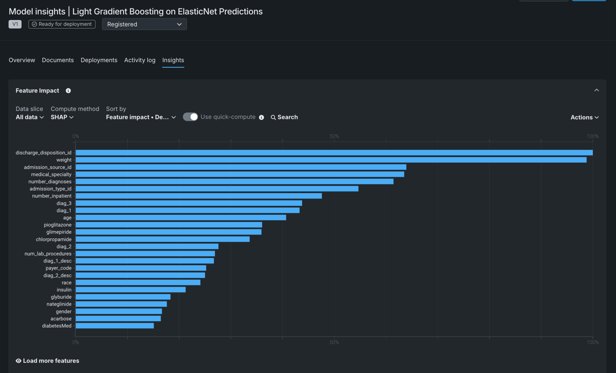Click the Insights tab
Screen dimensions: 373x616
click(x=173, y=60)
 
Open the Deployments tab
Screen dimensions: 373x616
click(x=99, y=60)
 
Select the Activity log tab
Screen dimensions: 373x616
click(x=139, y=60)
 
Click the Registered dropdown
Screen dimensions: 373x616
click(x=144, y=24)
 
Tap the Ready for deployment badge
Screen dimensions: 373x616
click(x=62, y=24)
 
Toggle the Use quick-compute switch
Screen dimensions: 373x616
click(x=190, y=117)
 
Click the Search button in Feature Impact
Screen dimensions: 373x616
click(x=284, y=117)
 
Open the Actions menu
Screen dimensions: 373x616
click(x=584, y=117)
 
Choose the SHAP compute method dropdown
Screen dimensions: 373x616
click(x=62, y=117)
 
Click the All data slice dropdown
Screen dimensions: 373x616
click(x=30, y=117)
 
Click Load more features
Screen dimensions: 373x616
click(x=48, y=361)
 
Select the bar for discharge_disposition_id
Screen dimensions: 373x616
click(x=334, y=153)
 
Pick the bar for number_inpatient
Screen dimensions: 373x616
click(x=198, y=196)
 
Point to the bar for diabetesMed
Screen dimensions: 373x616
click(x=115, y=326)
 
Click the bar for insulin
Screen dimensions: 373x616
click(x=130, y=290)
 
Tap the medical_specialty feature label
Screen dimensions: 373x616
click(x=51, y=175)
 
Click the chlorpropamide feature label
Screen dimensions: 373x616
click(x=54, y=239)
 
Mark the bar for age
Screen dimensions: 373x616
click(x=180, y=218)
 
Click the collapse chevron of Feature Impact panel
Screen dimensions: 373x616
click(x=596, y=90)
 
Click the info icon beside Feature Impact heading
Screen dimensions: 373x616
click(x=68, y=91)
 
